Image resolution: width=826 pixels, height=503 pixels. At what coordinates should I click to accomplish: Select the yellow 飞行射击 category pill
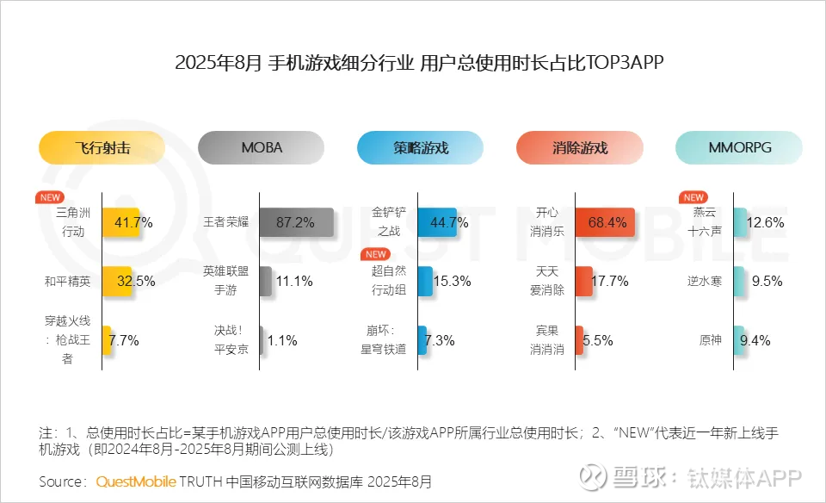[102, 147]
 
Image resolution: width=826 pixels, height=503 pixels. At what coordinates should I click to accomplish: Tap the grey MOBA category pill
[262, 147]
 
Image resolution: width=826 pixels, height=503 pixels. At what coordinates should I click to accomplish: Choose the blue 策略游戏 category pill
[421, 147]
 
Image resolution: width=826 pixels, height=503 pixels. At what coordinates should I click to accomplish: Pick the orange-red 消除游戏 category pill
[580, 147]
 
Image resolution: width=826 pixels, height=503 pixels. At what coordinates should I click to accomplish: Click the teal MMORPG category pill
[739, 147]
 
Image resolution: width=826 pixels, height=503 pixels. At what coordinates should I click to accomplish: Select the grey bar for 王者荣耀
[296, 222]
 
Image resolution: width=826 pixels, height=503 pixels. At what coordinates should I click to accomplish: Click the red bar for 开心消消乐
[606, 222]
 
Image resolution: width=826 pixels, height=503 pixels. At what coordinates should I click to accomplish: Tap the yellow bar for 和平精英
[117, 281]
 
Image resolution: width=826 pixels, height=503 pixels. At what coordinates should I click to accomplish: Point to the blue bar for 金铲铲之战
[436, 222]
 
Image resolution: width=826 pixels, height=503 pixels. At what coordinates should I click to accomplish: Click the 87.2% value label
[295, 222]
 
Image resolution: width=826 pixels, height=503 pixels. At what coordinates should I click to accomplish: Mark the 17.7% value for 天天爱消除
[609, 281]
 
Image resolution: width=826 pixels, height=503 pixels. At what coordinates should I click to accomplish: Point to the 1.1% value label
[282, 340]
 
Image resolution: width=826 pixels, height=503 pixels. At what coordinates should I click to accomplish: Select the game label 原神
[710, 340]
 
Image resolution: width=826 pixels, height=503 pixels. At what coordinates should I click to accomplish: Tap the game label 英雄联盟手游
[226, 280]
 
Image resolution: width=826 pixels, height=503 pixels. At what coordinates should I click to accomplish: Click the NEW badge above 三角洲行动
[49, 197]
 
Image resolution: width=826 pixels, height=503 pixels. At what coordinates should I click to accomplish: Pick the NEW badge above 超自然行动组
[375, 255]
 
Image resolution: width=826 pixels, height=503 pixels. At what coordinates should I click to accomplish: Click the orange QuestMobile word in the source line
[136, 481]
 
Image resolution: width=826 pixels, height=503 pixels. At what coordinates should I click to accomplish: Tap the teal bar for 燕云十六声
[739, 222]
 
